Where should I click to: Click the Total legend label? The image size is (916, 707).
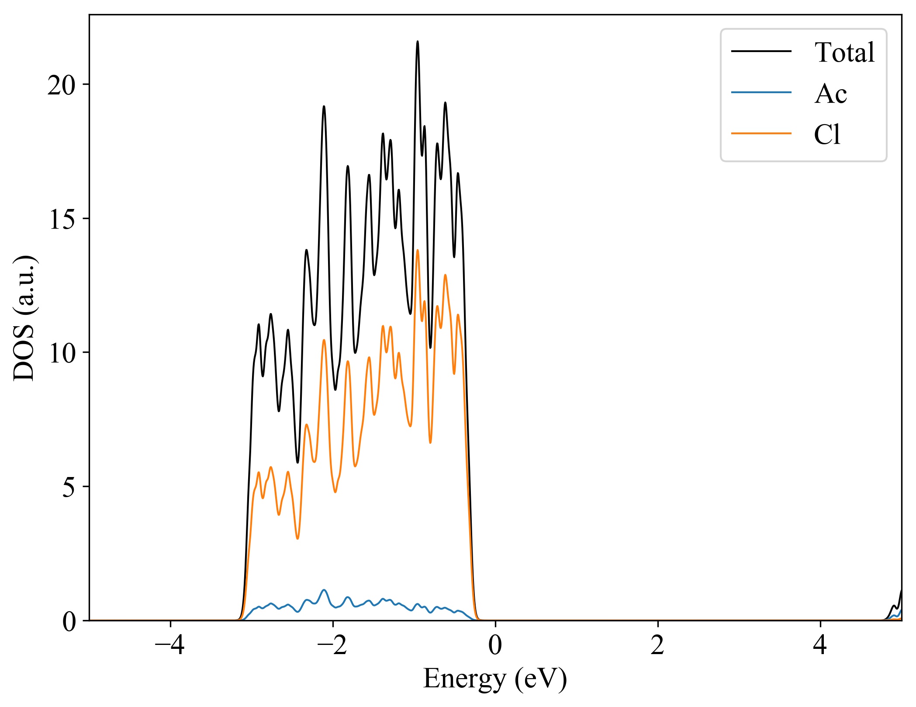click(844, 52)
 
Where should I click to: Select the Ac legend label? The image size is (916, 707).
click(830, 94)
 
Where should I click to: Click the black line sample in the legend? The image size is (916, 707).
click(761, 52)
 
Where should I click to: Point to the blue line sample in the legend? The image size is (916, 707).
click(761, 92)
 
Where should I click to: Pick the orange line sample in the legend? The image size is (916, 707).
click(761, 133)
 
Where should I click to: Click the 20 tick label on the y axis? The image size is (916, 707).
click(61, 85)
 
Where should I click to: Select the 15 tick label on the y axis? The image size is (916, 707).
click(61, 219)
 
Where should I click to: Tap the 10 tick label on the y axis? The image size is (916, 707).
click(61, 353)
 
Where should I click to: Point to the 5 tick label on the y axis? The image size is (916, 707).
click(69, 487)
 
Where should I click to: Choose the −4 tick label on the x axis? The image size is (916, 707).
click(170, 645)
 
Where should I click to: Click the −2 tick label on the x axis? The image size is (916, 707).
click(332, 645)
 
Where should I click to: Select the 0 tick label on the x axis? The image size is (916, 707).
click(495, 645)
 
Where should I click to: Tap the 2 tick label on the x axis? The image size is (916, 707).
click(657, 645)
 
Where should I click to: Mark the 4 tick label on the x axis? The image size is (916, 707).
click(820, 645)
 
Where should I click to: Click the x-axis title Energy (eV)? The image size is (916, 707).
click(495, 679)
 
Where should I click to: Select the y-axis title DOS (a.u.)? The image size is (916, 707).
click(24, 317)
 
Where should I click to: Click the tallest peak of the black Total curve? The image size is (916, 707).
click(418, 42)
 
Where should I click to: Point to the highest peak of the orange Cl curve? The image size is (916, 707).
click(418, 250)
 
